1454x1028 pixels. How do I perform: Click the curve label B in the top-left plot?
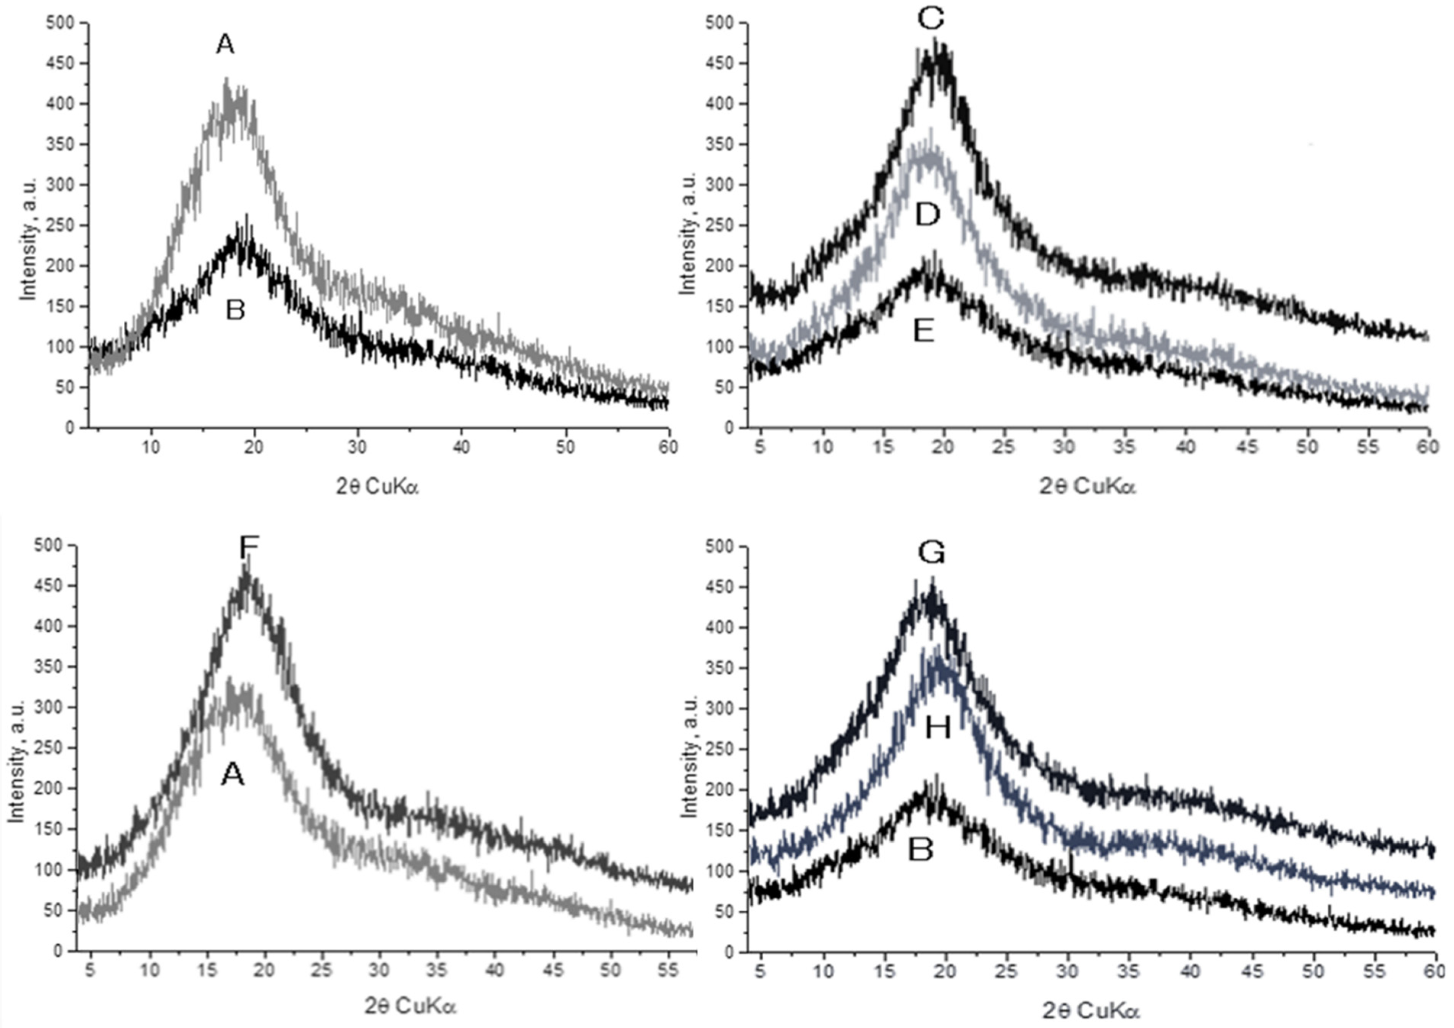point(235,311)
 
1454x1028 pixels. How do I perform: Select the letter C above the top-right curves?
point(930,19)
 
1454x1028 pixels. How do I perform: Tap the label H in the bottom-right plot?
point(937,729)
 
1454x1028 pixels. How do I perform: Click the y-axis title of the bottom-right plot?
point(689,756)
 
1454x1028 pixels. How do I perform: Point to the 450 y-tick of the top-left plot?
point(60,63)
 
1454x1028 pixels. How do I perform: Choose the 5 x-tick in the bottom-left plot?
point(90,970)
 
